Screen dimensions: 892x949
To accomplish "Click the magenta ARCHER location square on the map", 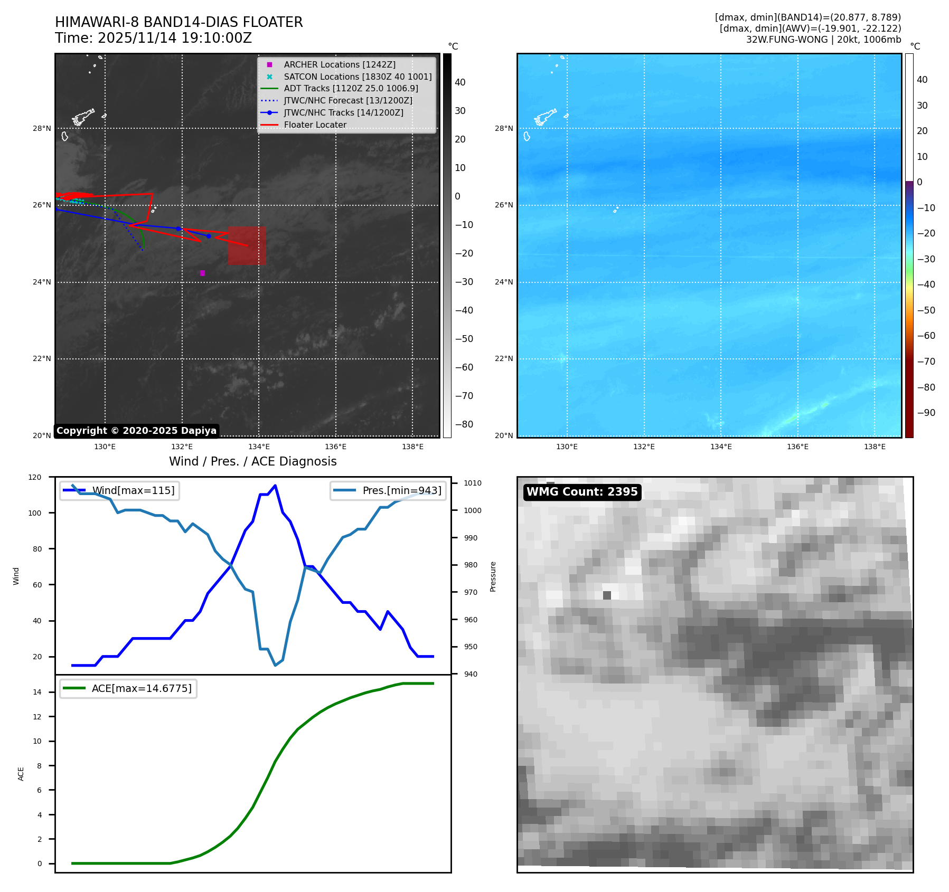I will pos(202,273).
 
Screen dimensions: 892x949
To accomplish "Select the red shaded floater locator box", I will pos(247,246).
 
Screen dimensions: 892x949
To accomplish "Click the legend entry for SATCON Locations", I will pos(358,77).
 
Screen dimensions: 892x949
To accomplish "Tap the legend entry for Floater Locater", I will pos(315,125).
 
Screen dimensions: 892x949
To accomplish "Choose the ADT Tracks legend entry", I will pos(351,89).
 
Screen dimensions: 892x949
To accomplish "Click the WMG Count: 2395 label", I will pos(582,492).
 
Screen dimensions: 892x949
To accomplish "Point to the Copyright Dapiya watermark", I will pos(136,431).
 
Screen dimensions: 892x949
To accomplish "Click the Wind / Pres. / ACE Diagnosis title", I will pos(252,461).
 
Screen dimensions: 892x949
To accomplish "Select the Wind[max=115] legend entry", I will pos(133,490).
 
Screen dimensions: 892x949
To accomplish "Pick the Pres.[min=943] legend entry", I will pos(401,490).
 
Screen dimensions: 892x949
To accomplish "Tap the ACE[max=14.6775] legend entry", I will pos(141,688).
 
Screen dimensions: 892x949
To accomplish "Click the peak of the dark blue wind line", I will pos(275,486).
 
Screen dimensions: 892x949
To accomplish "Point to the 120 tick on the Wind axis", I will pos(35,477).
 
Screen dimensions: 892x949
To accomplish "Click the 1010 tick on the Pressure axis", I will pos(473,483).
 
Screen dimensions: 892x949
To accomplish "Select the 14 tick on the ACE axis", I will pos(37,692).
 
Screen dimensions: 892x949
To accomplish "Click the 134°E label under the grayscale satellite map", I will pos(259,447).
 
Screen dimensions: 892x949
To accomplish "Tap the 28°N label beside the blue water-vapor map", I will pos(503,128).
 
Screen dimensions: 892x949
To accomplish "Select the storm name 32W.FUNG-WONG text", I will pos(787,40).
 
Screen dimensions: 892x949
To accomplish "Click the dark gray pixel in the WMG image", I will pos(607,595).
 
